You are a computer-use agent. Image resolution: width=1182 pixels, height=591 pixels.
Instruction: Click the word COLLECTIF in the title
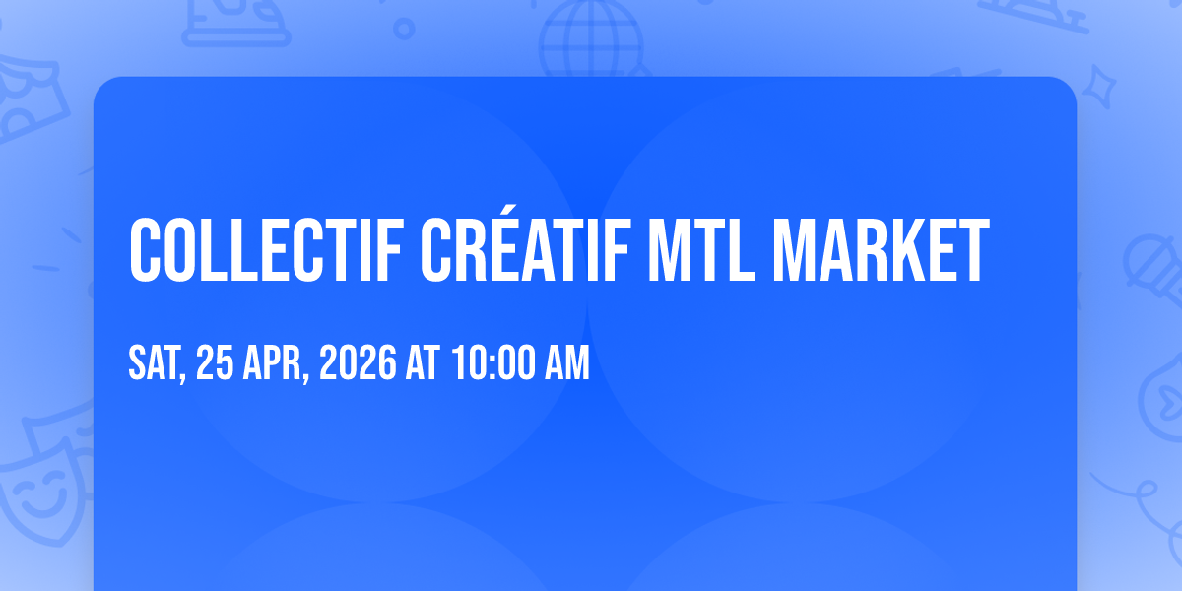click(267, 250)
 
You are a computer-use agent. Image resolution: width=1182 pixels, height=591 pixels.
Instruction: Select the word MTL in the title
click(701, 250)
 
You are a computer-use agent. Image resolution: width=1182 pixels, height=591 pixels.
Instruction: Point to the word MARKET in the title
click(881, 250)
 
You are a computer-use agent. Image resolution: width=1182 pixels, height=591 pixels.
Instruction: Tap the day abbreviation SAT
click(157, 363)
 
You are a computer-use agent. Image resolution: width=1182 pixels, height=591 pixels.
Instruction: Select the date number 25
click(215, 362)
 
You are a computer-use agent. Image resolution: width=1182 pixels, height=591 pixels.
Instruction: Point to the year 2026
click(358, 362)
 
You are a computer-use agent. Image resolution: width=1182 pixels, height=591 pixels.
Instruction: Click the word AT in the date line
click(423, 362)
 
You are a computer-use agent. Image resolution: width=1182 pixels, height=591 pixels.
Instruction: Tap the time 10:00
click(493, 362)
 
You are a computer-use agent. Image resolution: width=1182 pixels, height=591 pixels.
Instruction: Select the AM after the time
click(567, 362)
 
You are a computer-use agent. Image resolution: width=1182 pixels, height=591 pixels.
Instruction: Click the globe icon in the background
click(592, 39)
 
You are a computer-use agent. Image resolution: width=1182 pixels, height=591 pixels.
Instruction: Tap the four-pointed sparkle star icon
click(1098, 87)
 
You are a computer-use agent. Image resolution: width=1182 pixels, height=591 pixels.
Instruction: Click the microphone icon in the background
click(1153, 269)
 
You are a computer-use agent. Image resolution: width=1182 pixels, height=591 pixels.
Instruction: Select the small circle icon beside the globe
click(404, 29)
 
